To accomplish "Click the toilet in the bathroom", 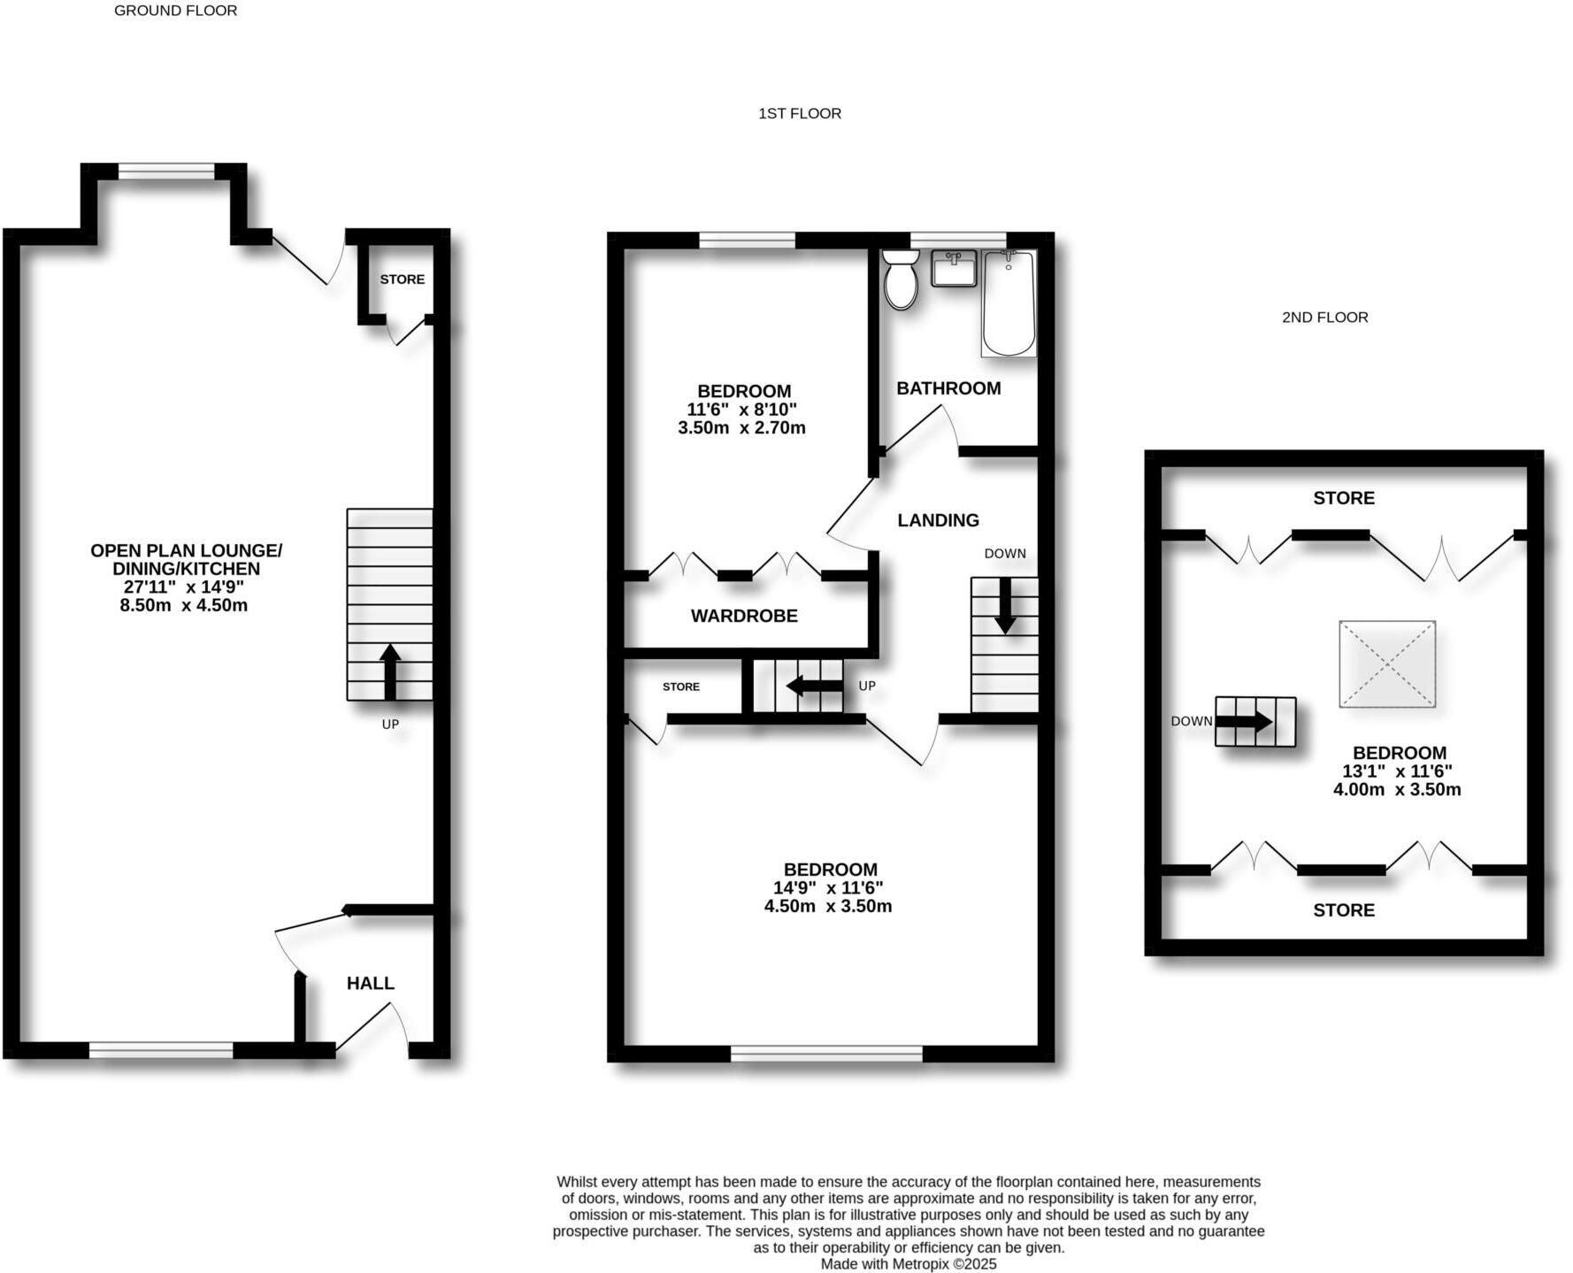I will coord(901,279).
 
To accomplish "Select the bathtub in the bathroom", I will coord(1009,303).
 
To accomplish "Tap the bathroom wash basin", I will coord(954,268).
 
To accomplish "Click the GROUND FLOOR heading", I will coord(175,11).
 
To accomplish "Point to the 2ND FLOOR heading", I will coord(1324,317).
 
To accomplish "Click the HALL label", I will coord(370,983).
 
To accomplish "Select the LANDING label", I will coord(938,520).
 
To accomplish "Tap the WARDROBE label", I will coord(744,616).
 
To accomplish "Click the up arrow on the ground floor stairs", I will coord(389,671).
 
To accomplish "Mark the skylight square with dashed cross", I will coord(1386,663).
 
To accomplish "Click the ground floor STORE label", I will coord(402,279).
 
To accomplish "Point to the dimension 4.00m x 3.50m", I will coord(1397,790).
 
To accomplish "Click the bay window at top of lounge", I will coord(166,171).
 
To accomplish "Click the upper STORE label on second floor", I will coord(1343,498).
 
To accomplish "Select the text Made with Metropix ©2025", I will coord(908,1264).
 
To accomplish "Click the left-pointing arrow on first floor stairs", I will coord(814,686).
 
